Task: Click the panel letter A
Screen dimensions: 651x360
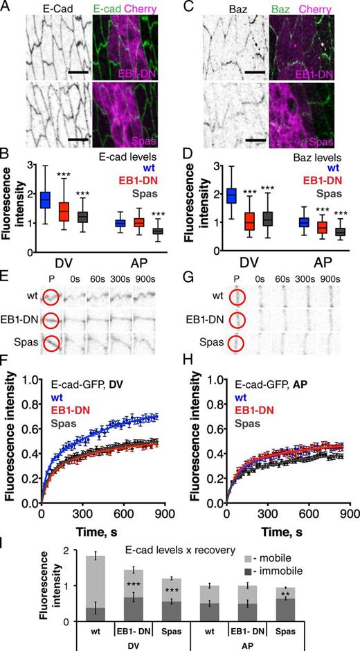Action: (6, 7)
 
